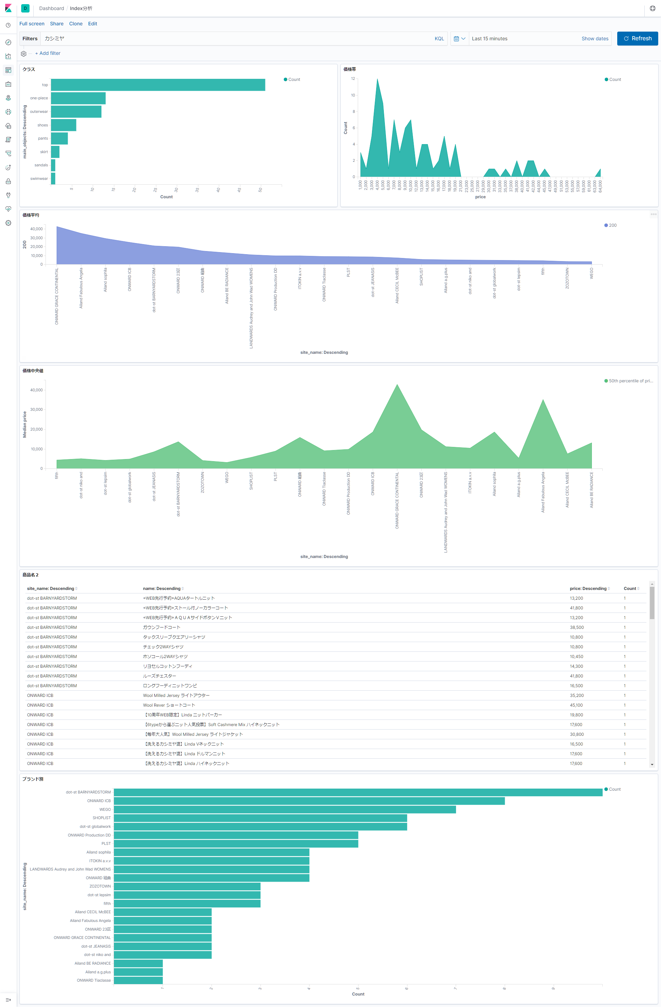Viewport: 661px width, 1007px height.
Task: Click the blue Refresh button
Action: pyautogui.click(x=637, y=39)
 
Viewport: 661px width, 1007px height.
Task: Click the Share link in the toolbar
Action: pyautogui.click(x=56, y=24)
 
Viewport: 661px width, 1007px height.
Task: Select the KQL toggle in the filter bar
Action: pyautogui.click(x=439, y=39)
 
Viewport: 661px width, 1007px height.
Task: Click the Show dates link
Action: pyautogui.click(x=595, y=39)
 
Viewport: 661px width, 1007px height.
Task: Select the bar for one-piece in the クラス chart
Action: pyautogui.click(x=78, y=98)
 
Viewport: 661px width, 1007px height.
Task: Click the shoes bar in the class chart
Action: pyautogui.click(x=64, y=125)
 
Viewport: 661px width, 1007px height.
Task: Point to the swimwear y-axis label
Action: pyautogui.click(x=39, y=178)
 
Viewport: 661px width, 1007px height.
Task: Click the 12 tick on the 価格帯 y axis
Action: pyautogui.click(x=353, y=79)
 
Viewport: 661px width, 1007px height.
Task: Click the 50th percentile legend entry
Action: pyautogui.click(x=630, y=381)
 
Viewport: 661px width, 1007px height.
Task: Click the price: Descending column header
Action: pyautogui.click(x=588, y=589)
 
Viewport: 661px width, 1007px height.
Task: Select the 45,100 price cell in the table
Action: pyautogui.click(x=576, y=705)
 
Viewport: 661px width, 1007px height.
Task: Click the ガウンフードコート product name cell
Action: pyautogui.click(x=161, y=627)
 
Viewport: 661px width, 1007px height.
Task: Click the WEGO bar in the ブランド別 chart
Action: pyautogui.click(x=284, y=809)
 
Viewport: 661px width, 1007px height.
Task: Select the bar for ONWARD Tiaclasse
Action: pyautogui.click(x=138, y=980)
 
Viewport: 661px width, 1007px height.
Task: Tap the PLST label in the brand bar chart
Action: pyautogui.click(x=106, y=844)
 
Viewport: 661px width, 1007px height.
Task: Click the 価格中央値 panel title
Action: pyautogui.click(x=33, y=371)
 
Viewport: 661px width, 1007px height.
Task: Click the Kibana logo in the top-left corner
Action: pyautogui.click(x=8, y=8)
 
